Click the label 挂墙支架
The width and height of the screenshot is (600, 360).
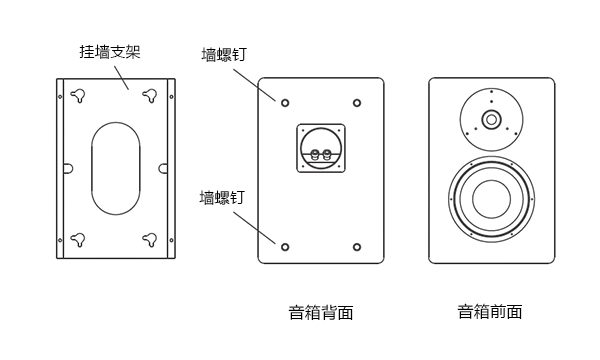(110, 52)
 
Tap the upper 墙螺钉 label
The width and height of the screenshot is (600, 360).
(224, 54)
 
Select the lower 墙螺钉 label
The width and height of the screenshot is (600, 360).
(222, 198)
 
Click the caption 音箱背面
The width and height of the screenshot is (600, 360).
(321, 313)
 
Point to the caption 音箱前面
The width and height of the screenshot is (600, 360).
(490, 312)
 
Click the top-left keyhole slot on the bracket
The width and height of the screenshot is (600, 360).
(78, 95)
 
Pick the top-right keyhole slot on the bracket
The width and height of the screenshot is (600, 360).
(150, 95)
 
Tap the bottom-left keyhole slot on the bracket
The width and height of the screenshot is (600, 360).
(78, 239)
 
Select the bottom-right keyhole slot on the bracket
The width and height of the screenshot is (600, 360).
(150, 239)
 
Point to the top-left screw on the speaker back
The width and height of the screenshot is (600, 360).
(285, 103)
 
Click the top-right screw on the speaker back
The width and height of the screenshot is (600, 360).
(357, 103)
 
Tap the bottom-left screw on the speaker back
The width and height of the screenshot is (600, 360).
(285, 247)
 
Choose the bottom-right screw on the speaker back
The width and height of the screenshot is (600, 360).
(357, 247)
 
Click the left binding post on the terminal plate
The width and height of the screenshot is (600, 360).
(315, 155)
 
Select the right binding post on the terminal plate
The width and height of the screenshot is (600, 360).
(326, 155)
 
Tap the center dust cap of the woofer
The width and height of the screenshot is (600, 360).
(491, 199)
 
